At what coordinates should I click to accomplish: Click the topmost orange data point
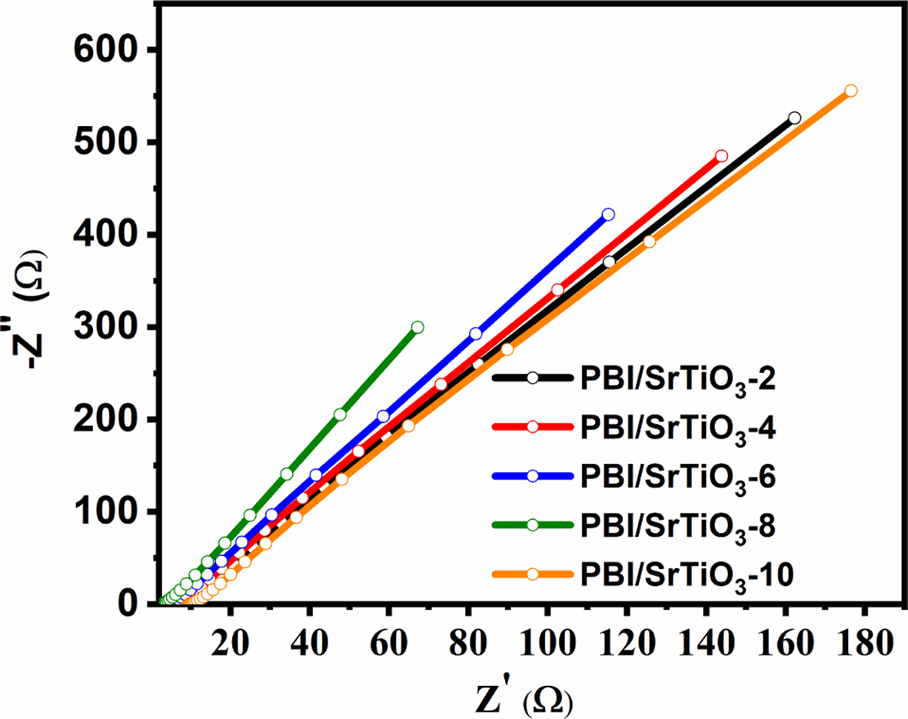pyautogui.click(x=850, y=91)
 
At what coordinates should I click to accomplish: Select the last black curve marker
pyautogui.click(x=794, y=118)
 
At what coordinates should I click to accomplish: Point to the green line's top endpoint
pyautogui.click(x=417, y=327)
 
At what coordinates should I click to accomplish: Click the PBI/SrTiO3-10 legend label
pyautogui.click(x=685, y=574)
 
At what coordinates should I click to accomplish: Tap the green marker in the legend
pyautogui.click(x=532, y=525)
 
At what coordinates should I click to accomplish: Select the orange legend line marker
pyautogui.click(x=532, y=574)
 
